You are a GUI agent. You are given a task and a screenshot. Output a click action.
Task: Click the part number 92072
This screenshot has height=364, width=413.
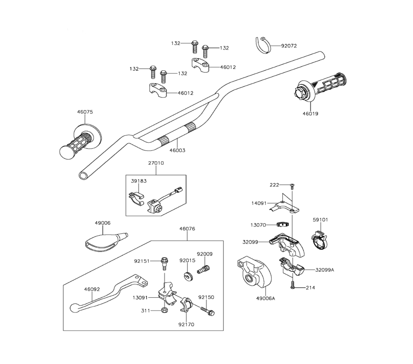(289, 45)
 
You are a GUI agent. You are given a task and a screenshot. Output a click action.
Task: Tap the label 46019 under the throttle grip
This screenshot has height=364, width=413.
(310, 114)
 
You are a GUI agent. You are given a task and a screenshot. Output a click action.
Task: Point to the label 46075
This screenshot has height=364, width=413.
(85, 112)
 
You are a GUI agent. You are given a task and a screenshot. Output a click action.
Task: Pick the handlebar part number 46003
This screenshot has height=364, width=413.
(177, 150)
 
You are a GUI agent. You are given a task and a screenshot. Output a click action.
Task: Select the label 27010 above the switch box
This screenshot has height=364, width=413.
(156, 163)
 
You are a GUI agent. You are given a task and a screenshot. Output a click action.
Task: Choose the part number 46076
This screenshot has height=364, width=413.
(187, 229)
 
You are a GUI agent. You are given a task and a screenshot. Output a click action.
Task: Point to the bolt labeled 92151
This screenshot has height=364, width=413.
(164, 263)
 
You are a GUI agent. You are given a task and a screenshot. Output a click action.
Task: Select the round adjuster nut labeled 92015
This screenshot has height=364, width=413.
(188, 276)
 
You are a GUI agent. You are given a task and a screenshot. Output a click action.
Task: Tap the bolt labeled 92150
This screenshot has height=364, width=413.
(208, 311)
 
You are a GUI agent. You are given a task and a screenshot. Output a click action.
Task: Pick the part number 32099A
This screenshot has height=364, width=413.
(325, 270)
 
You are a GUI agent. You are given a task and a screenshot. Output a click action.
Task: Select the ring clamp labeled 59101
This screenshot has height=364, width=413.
(319, 239)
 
